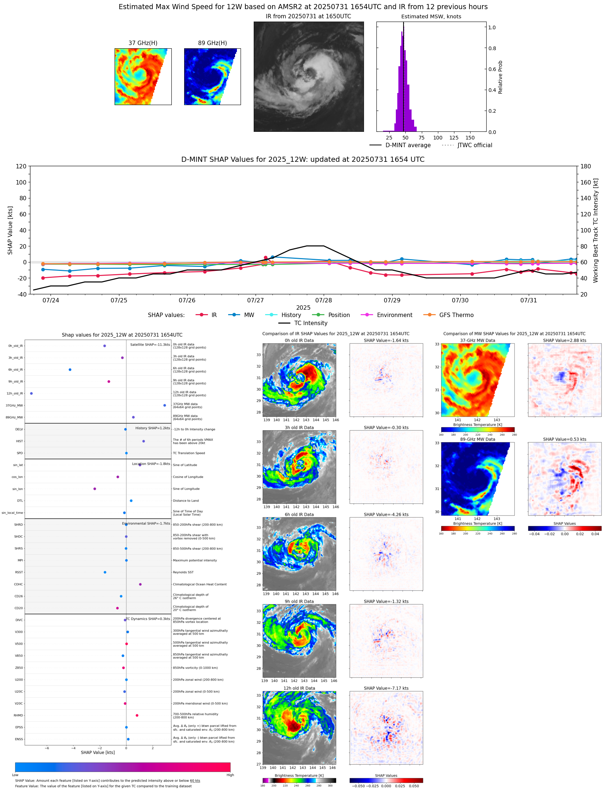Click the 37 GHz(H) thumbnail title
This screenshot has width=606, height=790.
[143, 43]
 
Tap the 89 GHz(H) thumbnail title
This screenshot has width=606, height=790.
[212, 43]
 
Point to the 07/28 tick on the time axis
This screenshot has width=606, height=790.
[324, 300]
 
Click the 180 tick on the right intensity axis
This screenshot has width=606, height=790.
[585, 166]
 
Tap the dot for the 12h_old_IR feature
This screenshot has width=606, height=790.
[31, 394]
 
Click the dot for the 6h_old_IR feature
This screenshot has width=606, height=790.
[70, 370]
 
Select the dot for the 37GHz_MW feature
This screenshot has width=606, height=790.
[165, 405]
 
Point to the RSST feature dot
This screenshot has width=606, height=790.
[105, 572]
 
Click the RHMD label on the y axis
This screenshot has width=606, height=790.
[18, 715]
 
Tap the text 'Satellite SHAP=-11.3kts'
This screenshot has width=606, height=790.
[150, 345]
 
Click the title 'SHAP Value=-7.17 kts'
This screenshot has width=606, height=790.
[386, 688]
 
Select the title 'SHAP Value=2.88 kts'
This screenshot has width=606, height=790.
[564, 340]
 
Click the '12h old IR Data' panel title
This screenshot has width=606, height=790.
[299, 688]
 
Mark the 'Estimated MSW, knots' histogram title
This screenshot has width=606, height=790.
[431, 17]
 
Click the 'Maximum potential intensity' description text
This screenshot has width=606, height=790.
[195, 560]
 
